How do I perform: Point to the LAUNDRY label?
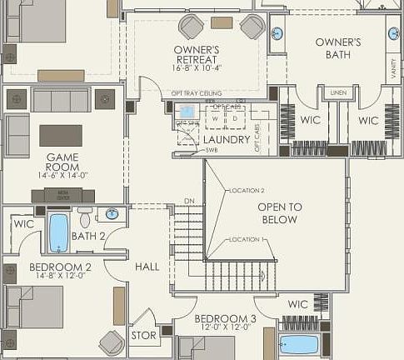tap(226, 140)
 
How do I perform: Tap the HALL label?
tap(147, 267)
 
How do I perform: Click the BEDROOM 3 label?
tap(225, 319)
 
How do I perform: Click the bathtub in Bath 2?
tap(58, 232)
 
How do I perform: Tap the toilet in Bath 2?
tap(85, 218)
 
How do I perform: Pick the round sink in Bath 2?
tap(112, 214)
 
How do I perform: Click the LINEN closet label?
tap(337, 92)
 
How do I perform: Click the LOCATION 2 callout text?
tap(247, 191)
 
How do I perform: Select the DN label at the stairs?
tap(189, 202)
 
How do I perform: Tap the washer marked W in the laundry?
tap(216, 117)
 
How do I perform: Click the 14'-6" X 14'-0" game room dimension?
tap(62, 177)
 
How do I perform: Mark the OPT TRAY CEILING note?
tap(193, 93)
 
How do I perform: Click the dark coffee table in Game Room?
tap(61, 135)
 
